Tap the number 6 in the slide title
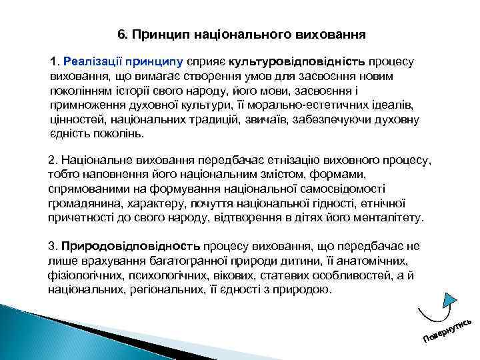point(120,33)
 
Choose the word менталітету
point(389,218)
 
